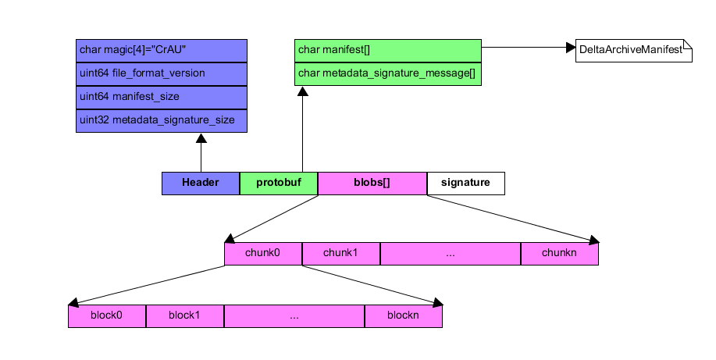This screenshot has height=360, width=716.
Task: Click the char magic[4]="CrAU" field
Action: (162, 51)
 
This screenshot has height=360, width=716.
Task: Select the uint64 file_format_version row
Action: (162, 74)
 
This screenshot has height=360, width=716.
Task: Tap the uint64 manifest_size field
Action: (162, 98)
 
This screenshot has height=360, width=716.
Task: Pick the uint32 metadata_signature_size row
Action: (162, 121)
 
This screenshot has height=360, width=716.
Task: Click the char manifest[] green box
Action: (388, 51)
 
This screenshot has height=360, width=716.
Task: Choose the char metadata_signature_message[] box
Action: (388, 74)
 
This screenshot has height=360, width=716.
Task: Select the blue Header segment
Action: (201, 183)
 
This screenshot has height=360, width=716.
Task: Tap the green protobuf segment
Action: (279, 183)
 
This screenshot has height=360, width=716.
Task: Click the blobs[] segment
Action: (372, 183)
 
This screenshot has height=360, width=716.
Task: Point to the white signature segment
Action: (465, 183)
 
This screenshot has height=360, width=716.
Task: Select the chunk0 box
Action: (263, 254)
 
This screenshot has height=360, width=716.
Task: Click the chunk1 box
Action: (341, 254)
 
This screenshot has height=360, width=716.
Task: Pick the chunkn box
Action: (560, 254)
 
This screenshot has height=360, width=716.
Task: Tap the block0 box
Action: (107, 315)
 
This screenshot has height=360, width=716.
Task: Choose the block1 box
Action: (185, 315)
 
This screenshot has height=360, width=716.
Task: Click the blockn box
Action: (404, 315)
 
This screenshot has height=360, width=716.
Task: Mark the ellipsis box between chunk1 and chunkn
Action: (451, 254)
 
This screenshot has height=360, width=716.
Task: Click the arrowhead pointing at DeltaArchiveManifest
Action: (570, 48)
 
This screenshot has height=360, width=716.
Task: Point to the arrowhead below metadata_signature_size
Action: (201, 139)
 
